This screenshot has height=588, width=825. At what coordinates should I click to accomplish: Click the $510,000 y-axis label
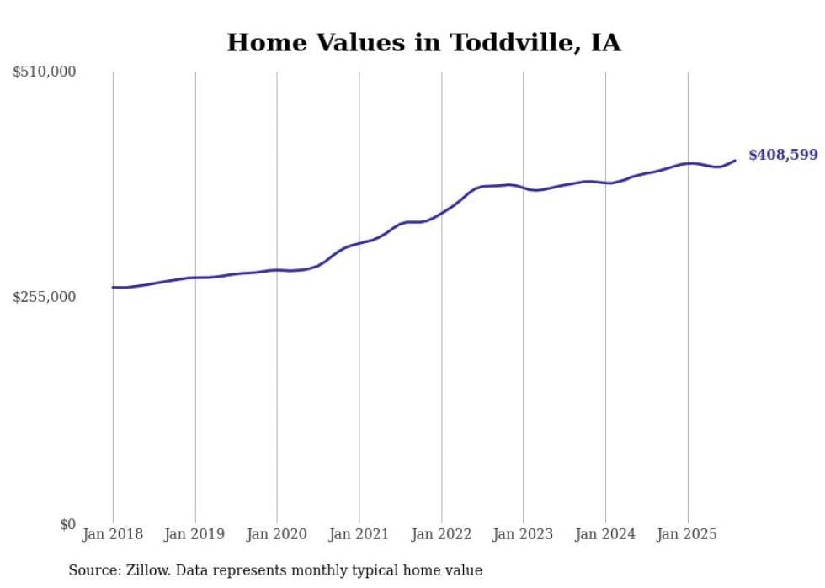[x=45, y=72]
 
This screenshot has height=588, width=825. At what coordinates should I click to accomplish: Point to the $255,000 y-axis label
[x=45, y=297]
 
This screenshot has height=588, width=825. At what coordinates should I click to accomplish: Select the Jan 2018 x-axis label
[x=113, y=534]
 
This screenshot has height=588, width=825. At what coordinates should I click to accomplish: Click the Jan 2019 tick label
[x=195, y=534]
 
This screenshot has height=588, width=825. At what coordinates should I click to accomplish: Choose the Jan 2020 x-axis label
[x=277, y=534]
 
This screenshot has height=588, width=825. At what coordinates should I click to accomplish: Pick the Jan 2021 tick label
[x=359, y=534]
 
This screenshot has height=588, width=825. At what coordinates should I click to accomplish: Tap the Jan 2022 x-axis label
[x=441, y=534]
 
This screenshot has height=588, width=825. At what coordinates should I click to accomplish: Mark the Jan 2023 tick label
[x=523, y=534]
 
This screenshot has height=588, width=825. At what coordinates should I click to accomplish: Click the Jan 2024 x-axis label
[x=605, y=534]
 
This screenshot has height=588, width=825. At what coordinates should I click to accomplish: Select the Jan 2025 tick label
[x=687, y=534]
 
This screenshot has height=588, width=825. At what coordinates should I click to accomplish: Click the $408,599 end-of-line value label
[x=783, y=155]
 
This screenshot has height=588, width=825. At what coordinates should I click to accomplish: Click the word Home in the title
[x=258, y=43]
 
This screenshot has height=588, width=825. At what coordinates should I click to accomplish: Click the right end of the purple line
[x=735, y=160]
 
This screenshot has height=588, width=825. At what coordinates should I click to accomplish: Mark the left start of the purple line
[x=113, y=287]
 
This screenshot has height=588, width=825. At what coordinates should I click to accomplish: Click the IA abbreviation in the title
[x=605, y=43]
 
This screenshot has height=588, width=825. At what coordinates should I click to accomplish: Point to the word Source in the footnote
[x=94, y=570]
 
